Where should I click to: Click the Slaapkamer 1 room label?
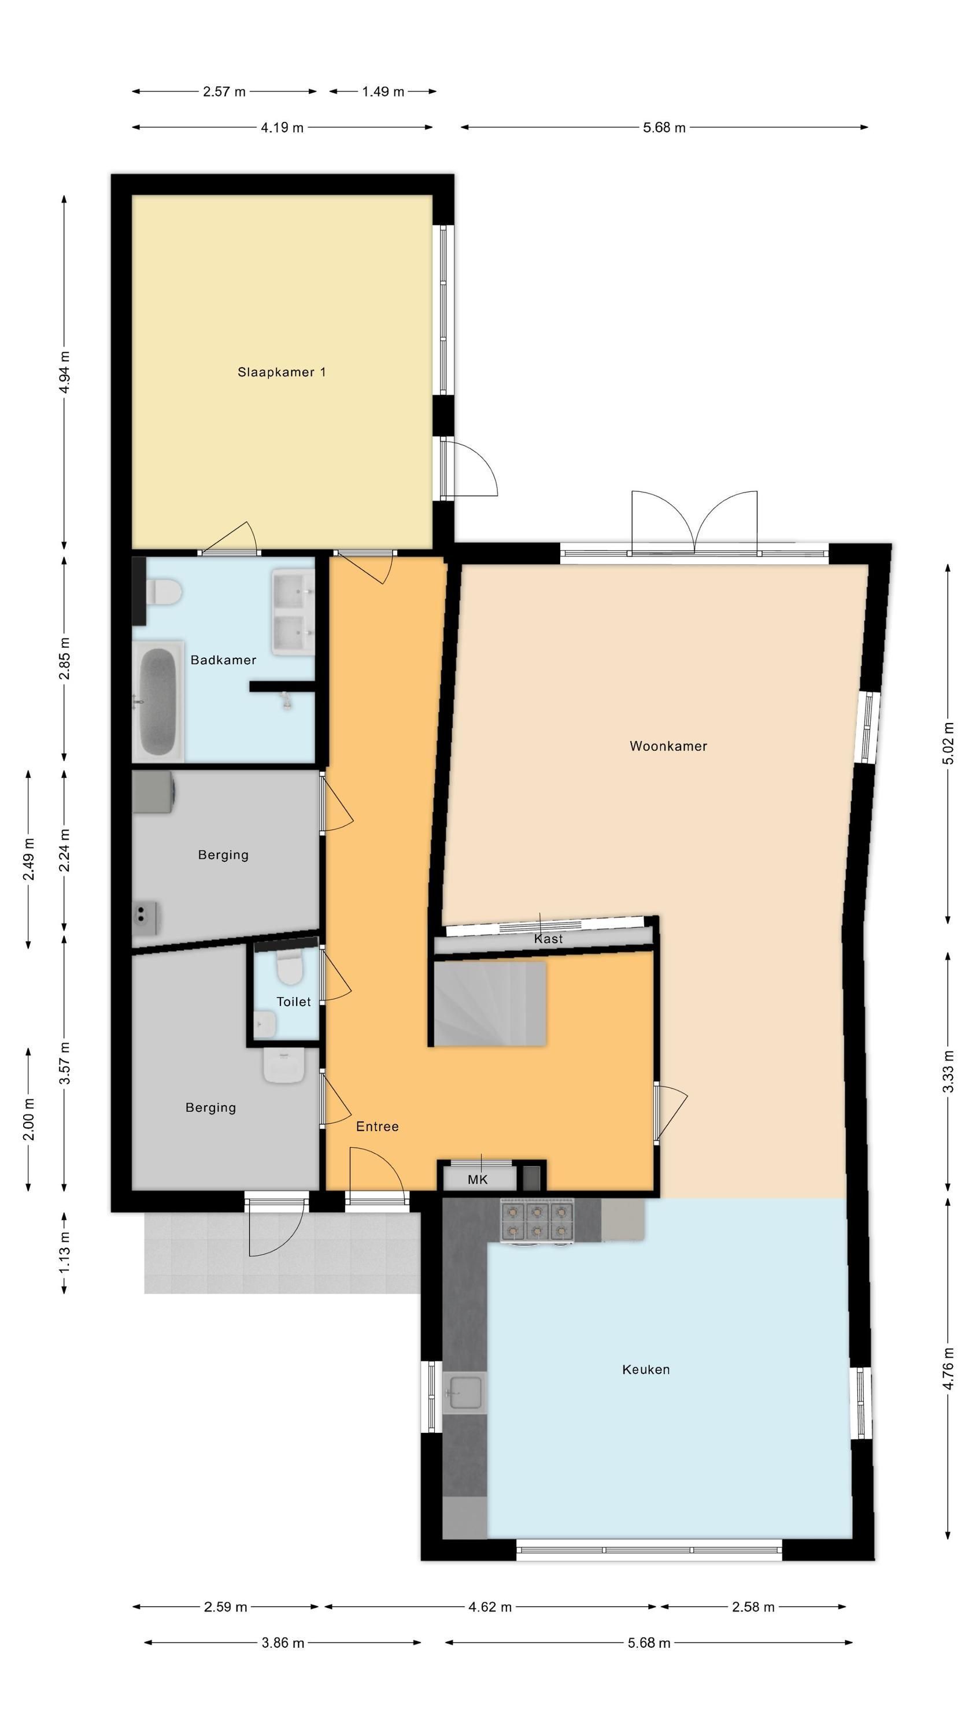282,372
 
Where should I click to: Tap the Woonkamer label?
668,746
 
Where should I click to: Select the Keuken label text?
646,1370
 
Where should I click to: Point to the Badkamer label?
223,660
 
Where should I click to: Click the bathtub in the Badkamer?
159,702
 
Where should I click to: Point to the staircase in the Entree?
489,1003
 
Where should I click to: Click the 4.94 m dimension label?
64,372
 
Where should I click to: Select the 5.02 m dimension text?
948,743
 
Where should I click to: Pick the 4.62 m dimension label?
490,1607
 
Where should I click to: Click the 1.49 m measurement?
383,91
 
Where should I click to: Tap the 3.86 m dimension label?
283,1643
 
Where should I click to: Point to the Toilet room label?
294,1002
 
